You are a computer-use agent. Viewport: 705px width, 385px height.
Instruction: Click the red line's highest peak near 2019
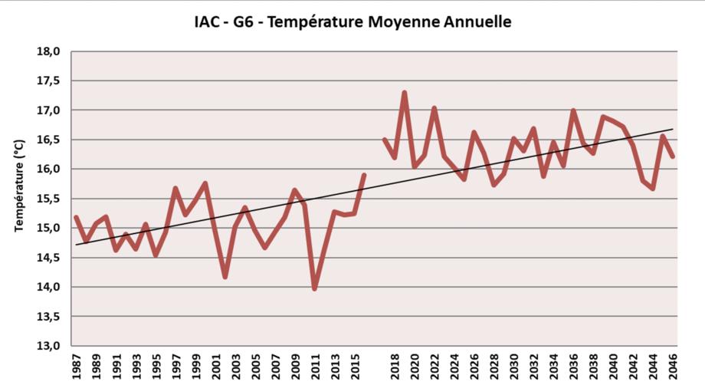click(x=404, y=93)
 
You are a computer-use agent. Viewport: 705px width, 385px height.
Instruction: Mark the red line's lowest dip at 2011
click(x=315, y=288)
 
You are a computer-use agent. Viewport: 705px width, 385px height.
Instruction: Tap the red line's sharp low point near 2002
click(x=225, y=276)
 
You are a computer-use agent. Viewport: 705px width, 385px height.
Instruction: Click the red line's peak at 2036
click(x=573, y=110)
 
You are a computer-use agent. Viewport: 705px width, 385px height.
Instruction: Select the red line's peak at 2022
click(x=434, y=108)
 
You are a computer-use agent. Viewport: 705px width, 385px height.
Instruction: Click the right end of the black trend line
click(x=673, y=129)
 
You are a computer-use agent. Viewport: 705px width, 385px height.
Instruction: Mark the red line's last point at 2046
click(x=673, y=156)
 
